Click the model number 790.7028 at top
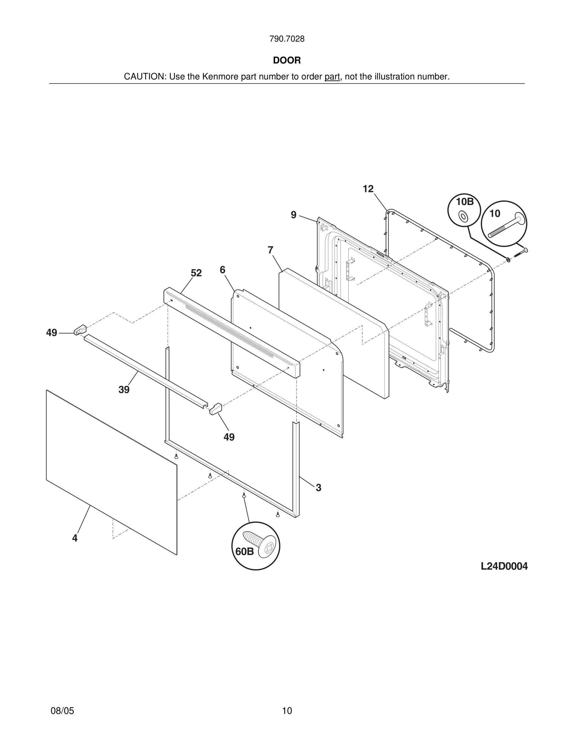(x=287, y=39)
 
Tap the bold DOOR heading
(x=287, y=61)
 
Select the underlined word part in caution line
(x=332, y=77)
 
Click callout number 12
(x=368, y=189)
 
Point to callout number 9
(x=293, y=215)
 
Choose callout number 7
(x=270, y=250)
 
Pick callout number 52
(x=196, y=273)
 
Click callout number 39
(x=124, y=390)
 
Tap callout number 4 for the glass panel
(x=75, y=538)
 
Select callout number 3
(x=318, y=488)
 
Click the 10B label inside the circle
(x=465, y=202)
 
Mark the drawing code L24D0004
(x=504, y=566)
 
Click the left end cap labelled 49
(x=80, y=330)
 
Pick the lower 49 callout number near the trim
(x=229, y=437)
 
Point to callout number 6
(x=222, y=270)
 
